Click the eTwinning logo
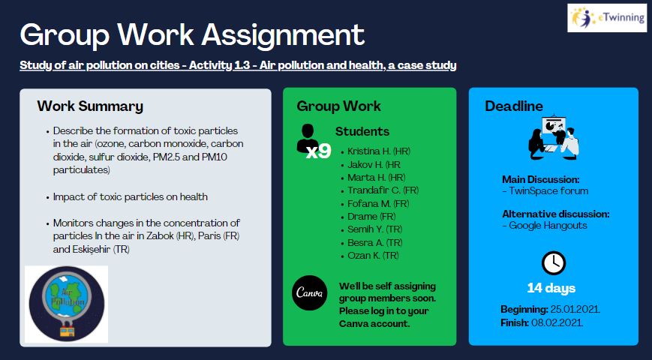pos(607,18)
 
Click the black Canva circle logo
pos(309,292)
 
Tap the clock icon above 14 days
pos(554,262)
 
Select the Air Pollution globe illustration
pos(67,304)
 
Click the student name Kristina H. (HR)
pos(379,151)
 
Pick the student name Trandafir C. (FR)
pos(383,190)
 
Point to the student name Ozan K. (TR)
pos(373,255)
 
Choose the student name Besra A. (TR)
pos(374,242)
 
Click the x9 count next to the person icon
pos(319,151)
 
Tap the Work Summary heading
pos(90,106)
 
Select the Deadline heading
pos(514,106)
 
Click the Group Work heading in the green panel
pos(338,106)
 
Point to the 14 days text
pos(551,288)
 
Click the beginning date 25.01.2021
pos(575,309)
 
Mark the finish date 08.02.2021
pos(557,322)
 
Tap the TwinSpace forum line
pos(545,190)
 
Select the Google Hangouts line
pos(545,225)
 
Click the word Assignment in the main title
pos(283,36)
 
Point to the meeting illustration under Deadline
pos(554,136)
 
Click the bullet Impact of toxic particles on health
pos(130,196)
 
